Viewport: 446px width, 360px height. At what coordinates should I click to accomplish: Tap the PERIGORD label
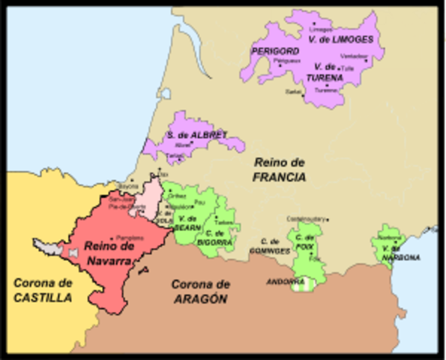(271, 51)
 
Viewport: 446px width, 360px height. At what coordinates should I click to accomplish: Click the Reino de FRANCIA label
(280, 170)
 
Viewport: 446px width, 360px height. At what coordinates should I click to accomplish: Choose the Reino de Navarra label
(109, 253)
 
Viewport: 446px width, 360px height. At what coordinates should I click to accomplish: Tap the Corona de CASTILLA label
(43, 290)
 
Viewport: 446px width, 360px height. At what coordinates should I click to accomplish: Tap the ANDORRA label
(286, 282)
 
